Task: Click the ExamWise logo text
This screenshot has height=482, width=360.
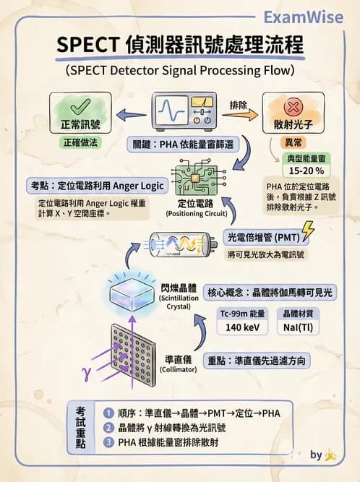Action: [x=303, y=16]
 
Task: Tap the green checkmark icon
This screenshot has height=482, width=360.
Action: [x=80, y=109]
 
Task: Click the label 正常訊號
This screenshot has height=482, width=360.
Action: [x=80, y=124]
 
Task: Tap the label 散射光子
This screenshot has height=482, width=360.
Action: [x=293, y=124]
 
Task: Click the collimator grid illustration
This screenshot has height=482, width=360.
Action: [x=133, y=353]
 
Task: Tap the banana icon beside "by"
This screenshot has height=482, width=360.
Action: [x=330, y=455]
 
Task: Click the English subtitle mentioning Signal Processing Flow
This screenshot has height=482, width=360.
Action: [x=180, y=71]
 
